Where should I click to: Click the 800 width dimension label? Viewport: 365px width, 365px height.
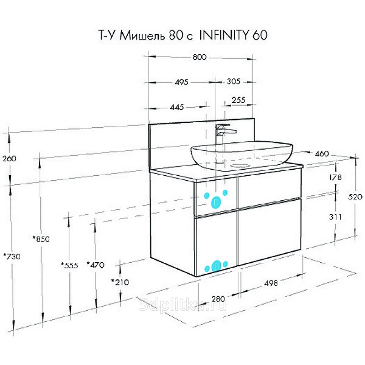pyautogui.click(x=199, y=57)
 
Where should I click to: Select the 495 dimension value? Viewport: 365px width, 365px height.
pyautogui.click(x=181, y=82)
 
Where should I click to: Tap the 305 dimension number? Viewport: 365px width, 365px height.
pyautogui.click(x=234, y=82)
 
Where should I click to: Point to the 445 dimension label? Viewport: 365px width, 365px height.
pyautogui.click(x=177, y=107)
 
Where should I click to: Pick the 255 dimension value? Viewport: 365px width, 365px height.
pyautogui.click(x=238, y=100)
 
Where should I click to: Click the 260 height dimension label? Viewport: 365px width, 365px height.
pyautogui.click(x=9, y=159)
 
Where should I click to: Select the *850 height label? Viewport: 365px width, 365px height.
pyautogui.click(x=41, y=239)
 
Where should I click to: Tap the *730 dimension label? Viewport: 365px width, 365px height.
pyautogui.click(x=12, y=256)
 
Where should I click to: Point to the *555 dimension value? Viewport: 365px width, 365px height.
pyautogui.click(x=70, y=265)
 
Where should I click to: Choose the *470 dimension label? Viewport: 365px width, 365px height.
pyautogui.click(x=95, y=265)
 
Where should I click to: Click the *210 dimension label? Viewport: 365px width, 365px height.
pyautogui.click(x=120, y=282)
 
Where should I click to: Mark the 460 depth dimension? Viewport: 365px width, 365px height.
pyautogui.click(x=322, y=154)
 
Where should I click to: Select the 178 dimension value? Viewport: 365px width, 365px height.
pyautogui.click(x=335, y=177)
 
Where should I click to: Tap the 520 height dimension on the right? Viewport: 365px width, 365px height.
pyautogui.click(x=355, y=197)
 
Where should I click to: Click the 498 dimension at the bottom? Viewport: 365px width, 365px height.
pyautogui.click(x=271, y=283)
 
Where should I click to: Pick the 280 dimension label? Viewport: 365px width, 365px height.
pyautogui.click(x=218, y=299)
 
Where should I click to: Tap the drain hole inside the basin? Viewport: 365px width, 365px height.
pyautogui.click(x=240, y=166)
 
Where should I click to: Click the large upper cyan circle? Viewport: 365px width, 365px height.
pyautogui.click(x=216, y=202)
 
